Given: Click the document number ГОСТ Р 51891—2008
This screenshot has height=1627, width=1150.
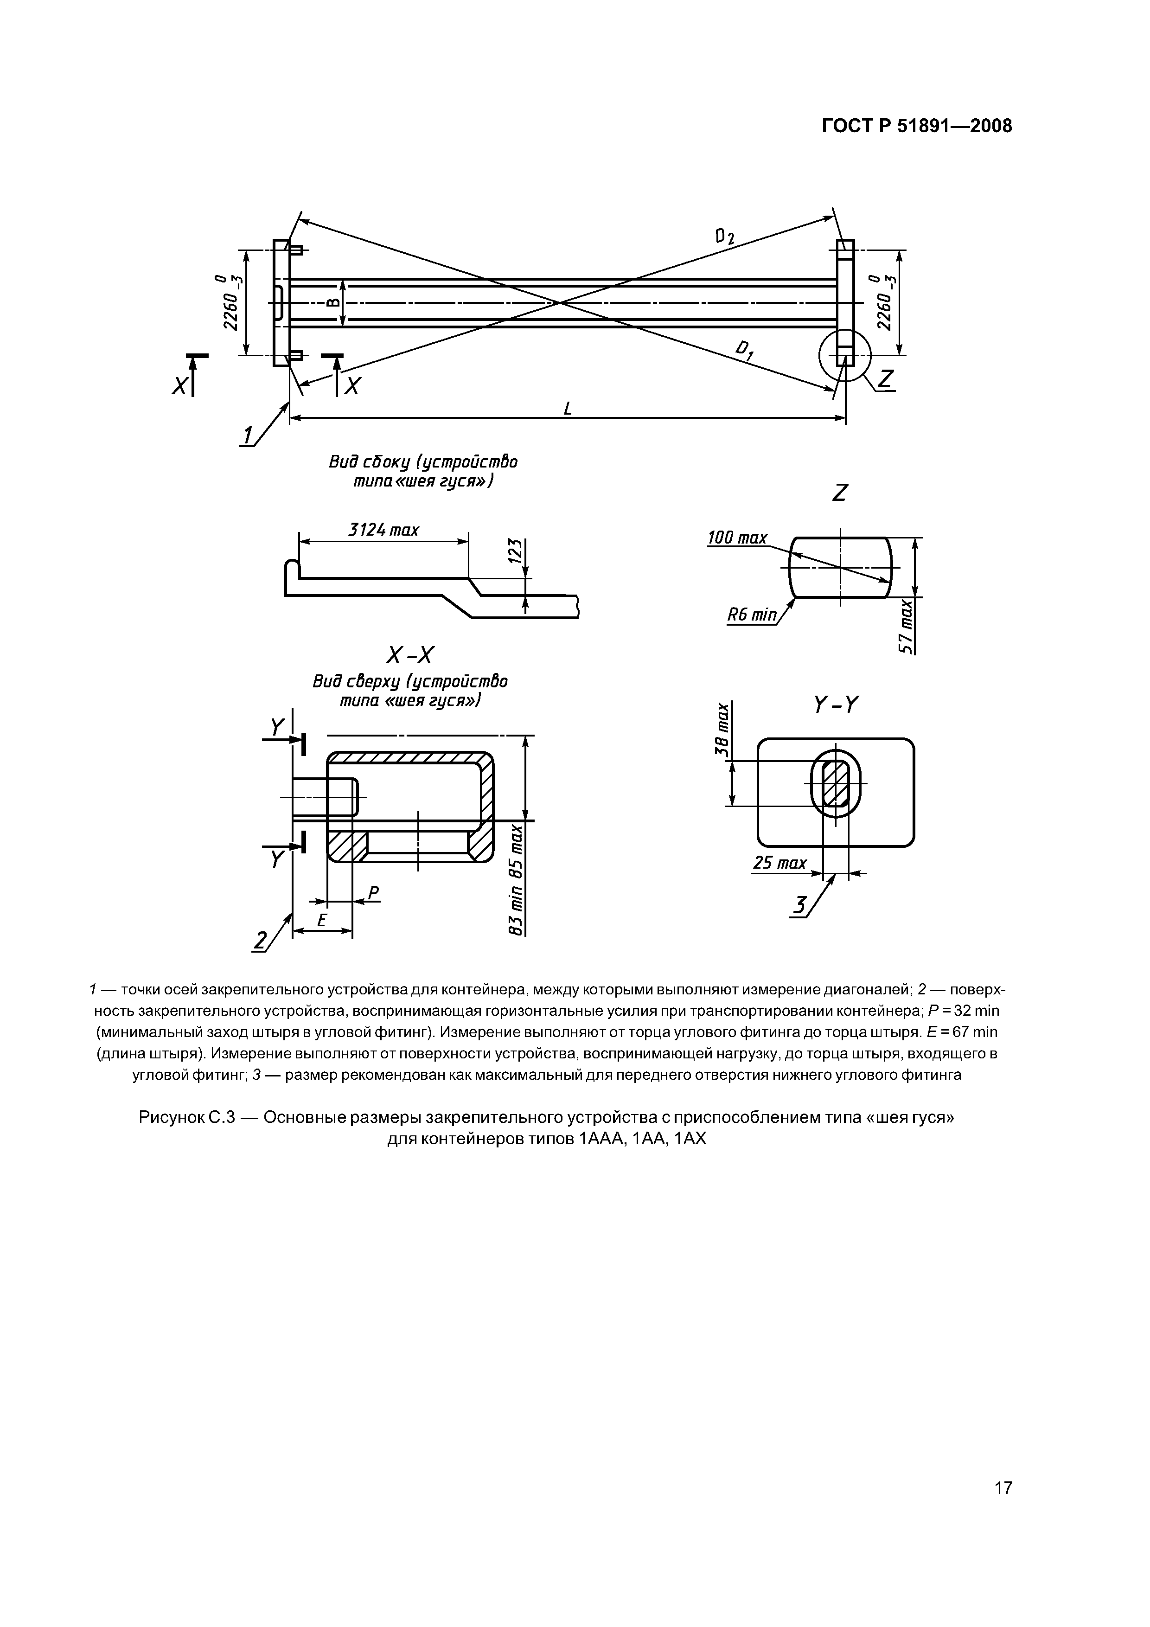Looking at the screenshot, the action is point(917,126).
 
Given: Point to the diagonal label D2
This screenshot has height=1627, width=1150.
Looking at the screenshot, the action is point(725,237).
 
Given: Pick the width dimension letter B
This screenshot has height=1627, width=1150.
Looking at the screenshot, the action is point(333,302).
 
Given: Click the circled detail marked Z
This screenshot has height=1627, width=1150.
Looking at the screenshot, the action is point(844,354).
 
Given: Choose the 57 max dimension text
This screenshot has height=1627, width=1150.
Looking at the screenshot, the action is point(906,627).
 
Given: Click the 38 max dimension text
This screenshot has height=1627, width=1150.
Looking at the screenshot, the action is point(722,729).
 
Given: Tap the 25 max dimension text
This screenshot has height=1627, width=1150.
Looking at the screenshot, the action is point(779,863).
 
